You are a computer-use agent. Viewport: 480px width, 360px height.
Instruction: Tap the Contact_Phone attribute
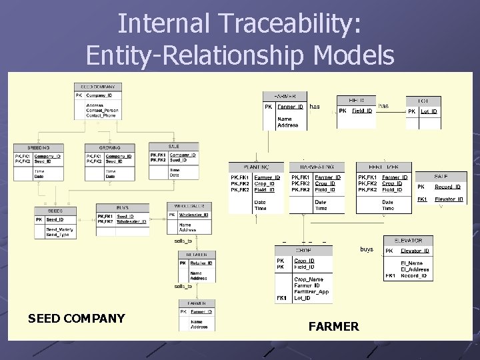click(101, 115)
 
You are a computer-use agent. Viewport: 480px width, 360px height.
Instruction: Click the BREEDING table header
click(38, 147)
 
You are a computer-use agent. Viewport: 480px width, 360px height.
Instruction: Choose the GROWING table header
click(109, 147)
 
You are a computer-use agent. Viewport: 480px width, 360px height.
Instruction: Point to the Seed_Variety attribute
click(59, 230)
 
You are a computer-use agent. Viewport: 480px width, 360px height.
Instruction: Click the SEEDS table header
click(55, 211)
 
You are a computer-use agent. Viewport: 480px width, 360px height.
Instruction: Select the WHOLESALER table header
click(190, 206)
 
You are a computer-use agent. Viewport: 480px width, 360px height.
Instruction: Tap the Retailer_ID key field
click(201, 263)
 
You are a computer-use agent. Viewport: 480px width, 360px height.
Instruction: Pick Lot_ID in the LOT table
click(429, 111)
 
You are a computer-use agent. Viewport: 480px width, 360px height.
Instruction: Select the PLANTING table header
click(256, 167)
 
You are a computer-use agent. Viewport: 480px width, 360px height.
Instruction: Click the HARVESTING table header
click(317, 167)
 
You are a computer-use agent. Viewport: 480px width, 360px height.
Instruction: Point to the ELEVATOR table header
click(408, 240)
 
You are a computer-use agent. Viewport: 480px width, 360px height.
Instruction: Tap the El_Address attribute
click(415, 269)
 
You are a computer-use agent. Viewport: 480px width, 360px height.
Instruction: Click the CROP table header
click(303, 251)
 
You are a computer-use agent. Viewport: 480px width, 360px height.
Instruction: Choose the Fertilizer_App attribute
click(313, 292)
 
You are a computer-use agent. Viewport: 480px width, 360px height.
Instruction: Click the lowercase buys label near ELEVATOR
click(367, 249)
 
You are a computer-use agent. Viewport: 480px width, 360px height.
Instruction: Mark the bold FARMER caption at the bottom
click(333, 326)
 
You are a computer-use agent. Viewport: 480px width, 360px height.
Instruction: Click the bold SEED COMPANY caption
click(76, 318)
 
